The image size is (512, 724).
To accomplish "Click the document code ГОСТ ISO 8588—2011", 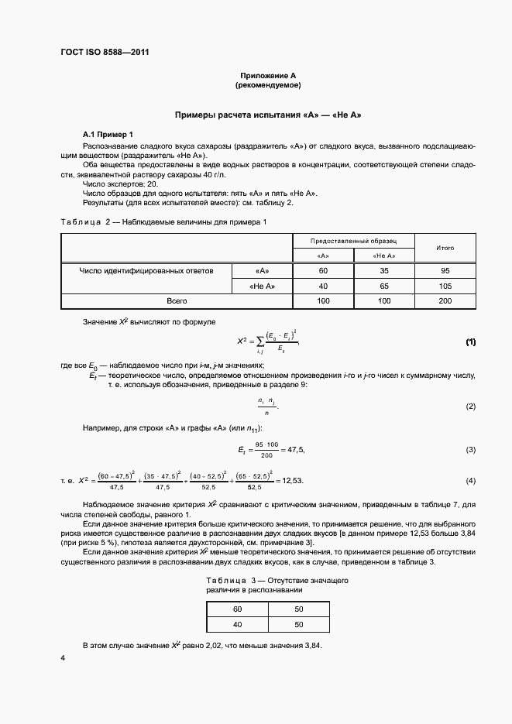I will [104, 53].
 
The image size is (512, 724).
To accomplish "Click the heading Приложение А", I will [268, 74].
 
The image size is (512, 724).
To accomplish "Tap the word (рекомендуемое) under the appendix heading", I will [268, 84].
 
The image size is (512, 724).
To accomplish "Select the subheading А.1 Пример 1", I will [108, 134].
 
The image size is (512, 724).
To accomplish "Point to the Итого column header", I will [445, 248].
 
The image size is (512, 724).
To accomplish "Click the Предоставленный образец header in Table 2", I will [354, 242].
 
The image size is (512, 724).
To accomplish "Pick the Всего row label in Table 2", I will [177, 300].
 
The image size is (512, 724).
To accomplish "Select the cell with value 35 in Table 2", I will [383, 271].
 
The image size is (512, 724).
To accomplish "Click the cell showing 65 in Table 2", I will [383, 286].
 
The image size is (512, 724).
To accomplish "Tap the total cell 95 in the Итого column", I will [445, 271].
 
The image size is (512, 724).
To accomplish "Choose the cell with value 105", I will [445, 286].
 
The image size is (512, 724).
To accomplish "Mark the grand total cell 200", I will [445, 300].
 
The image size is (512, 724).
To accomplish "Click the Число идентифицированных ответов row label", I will [146, 271].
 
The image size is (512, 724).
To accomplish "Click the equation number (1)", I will [470, 341].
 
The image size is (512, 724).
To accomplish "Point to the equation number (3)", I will [470, 450].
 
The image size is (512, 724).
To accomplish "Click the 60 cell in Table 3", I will [237, 609].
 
